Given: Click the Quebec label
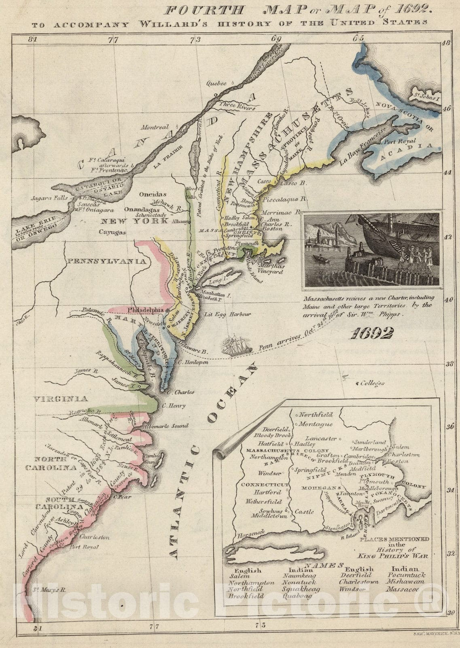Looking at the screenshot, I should coord(215,84).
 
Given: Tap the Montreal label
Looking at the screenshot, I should coord(155,127).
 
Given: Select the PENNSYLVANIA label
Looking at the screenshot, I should coord(106,261).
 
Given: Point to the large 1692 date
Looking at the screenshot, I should coord(371,333).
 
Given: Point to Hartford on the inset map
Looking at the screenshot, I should coord(267,492).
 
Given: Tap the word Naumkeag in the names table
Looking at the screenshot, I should coord(298,576).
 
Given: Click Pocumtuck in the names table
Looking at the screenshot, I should coord(406,575).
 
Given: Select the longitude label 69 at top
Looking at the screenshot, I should coord(276,39).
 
